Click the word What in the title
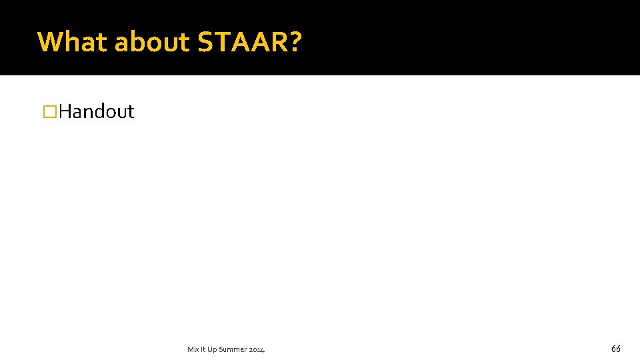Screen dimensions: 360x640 (x=73, y=42)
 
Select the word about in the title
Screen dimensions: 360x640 (x=153, y=42)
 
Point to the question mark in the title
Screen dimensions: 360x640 (x=294, y=42)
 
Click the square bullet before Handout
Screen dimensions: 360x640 (x=48, y=111)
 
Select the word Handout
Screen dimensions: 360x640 (x=97, y=111)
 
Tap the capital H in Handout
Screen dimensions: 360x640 (x=66, y=111)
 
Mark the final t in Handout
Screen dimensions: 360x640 (x=131, y=111)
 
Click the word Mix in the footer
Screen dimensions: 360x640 (x=193, y=349)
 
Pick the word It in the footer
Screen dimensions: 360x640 (x=203, y=349)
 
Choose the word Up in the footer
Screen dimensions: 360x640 (x=211, y=349)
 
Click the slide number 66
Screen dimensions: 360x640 (x=615, y=349)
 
